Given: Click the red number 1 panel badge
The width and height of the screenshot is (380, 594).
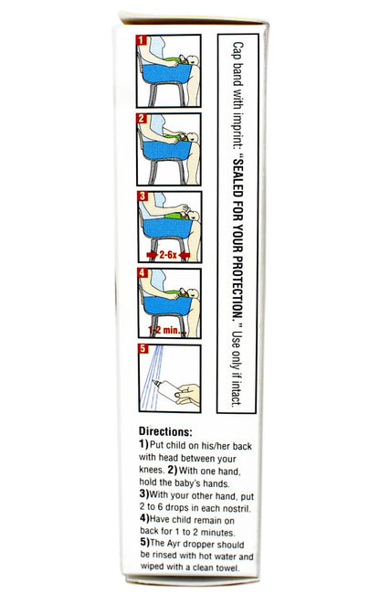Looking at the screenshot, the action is tap(142, 40).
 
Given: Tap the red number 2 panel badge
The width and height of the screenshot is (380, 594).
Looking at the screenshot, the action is tap(142, 119).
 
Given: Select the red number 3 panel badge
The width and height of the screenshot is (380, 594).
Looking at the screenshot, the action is tap(142, 196).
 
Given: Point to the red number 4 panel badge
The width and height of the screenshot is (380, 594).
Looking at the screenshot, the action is tap(142, 273).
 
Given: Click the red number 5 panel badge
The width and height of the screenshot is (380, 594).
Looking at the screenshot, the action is tap(142, 348).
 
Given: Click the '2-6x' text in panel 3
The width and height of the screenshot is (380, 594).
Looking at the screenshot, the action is tap(168, 255).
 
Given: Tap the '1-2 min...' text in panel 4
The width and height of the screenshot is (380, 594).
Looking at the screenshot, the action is tap(167, 330).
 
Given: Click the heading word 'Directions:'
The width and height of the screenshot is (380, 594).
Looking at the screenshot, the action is tap(165, 431).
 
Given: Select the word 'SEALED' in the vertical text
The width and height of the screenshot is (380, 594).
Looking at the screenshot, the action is tap(237, 175).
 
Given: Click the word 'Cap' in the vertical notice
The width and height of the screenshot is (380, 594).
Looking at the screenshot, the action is tap(237, 50).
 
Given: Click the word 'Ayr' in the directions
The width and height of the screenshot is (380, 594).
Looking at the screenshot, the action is tap(174, 545).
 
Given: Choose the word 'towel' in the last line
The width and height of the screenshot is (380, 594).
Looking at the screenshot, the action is tap(227, 567).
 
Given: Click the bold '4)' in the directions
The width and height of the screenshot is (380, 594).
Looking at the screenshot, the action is tap(144, 519).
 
